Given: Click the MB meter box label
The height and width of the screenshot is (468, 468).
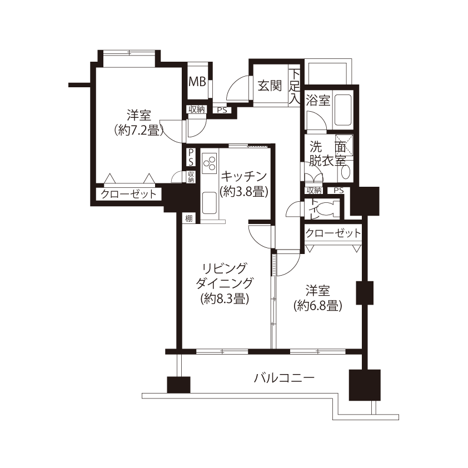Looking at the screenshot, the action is pyautogui.click(x=197, y=81).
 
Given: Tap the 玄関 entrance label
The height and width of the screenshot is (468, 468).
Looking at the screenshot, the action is pyautogui.click(x=270, y=86).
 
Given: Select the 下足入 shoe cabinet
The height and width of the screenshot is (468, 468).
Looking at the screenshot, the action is pyautogui.click(x=295, y=87).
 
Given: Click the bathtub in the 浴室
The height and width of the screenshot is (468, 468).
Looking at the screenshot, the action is pyautogui.click(x=342, y=110).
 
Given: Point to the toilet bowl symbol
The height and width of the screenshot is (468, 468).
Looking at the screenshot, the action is pyautogui.click(x=327, y=208).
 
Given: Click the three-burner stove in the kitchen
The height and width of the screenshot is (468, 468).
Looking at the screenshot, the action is pyautogui.click(x=209, y=163).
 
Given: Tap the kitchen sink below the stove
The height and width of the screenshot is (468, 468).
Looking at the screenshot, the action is pyautogui.click(x=209, y=203).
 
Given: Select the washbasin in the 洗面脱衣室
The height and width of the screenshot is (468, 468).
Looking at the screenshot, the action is pyautogui.click(x=345, y=172).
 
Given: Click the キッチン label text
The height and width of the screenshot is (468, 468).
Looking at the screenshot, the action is pyautogui.click(x=243, y=177).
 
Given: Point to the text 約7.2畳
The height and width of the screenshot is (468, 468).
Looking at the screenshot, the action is pyautogui.click(x=139, y=131).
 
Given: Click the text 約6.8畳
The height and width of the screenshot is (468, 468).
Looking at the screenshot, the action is pyautogui.click(x=317, y=306).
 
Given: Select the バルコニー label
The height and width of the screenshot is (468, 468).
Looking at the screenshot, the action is pyautogui.click(x=284, y=379).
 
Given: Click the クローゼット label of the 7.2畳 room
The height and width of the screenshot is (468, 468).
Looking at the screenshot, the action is pyautogui.click(x=128, y=195).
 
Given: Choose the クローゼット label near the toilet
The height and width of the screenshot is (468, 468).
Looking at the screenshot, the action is pyautogui.click(x=333, y=233).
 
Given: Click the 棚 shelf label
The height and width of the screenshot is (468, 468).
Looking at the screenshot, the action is pyautogui.click(x=188, y=218).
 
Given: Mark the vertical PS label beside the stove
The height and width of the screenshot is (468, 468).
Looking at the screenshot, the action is pyautogui.click(x=191, y=157).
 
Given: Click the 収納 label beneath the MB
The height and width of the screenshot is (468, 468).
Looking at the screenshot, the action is pyautogui.click(x=197, y=109).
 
